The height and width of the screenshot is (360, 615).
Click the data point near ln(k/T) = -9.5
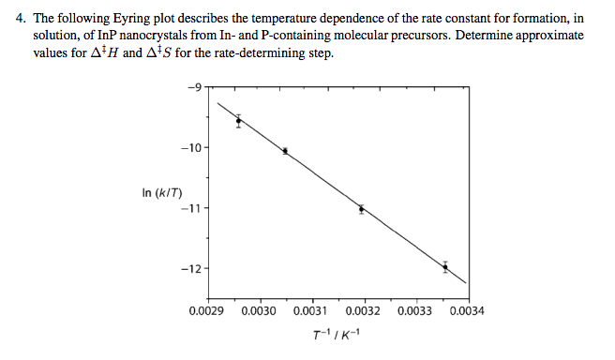tap(239, 120)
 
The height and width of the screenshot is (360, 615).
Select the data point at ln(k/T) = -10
tap(285, 150)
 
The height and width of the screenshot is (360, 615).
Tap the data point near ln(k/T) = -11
tap(361, 209)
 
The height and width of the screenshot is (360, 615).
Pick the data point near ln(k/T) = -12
tap(445, 267)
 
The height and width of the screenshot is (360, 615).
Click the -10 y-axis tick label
tap(191, 148)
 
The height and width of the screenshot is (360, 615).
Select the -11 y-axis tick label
tap(191, 208)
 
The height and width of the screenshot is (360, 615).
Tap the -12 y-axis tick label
tap(191, 269)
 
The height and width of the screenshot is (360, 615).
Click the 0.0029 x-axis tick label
tap(205, 311)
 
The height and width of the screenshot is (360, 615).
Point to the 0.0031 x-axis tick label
tap(309, 311)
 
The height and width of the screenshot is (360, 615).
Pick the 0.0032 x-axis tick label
tap(362, 311)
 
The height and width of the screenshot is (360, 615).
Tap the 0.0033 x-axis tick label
tap(414, 311)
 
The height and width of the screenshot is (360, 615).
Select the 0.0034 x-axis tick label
tap(466, 311)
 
